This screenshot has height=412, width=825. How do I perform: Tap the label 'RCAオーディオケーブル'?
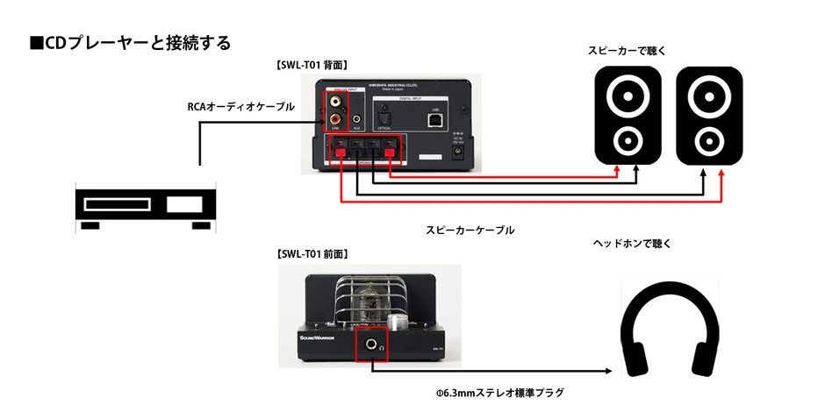(x=240, y=107)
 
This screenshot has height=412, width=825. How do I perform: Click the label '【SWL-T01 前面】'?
(x=312, y=253)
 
